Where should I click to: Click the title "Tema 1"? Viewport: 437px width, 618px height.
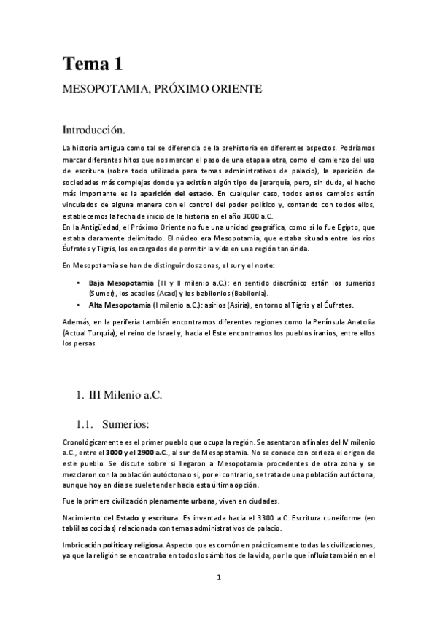point(91,63)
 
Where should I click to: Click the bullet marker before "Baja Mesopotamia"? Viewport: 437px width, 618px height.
point(78,281)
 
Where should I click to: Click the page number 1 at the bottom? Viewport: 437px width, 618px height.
point(219,578)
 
